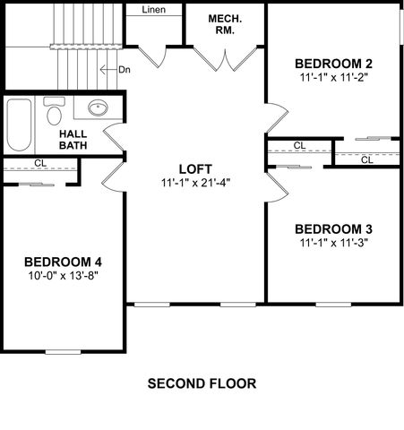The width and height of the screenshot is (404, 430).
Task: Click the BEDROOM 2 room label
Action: coord(333,64)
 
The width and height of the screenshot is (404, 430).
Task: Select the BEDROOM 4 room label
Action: coord(62,262)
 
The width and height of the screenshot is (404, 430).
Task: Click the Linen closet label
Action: coord(153,10)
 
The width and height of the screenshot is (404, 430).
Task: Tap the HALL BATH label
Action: coord(73,140)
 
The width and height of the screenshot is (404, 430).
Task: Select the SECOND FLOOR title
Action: coord(202,383)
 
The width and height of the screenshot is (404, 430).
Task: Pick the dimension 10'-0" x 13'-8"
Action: coord(62,276)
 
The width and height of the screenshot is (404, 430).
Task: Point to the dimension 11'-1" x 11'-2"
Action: coord(333,78)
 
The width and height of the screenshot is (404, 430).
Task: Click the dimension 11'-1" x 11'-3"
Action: coord(333,242)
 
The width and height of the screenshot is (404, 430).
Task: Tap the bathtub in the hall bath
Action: coord(20,125)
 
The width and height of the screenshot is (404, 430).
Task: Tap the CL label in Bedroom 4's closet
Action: coord(39,163)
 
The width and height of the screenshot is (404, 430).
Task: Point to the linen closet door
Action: coord(152,55)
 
